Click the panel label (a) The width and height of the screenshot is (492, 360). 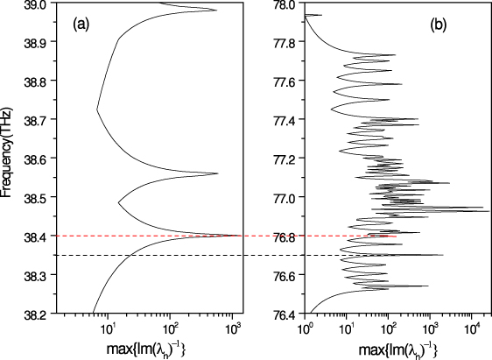[x=83, y=25]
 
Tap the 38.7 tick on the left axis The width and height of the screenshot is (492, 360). [x=35, y=119]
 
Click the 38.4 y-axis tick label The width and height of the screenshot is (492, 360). [x=35, y=236]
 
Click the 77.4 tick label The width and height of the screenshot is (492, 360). [x=285, y=119]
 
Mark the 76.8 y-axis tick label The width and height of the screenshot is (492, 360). [x=285, y=236]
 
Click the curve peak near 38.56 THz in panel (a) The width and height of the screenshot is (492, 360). [x=217, y=173]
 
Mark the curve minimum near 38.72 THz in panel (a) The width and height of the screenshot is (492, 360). [x=97, y=110]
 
